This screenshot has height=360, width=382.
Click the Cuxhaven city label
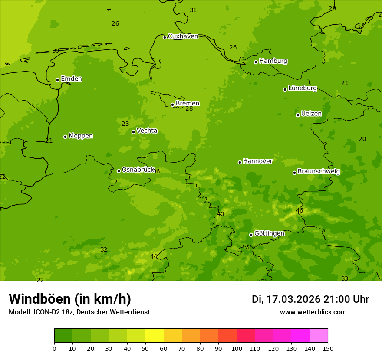pyautogui.click(x=183, y=36)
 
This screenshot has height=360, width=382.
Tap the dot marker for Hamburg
pyautogui.click(x=256, y=62)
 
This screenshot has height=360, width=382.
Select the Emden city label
pyautogui.click(x=71, y=79)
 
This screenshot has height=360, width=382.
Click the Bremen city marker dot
pyautogui.click(x=172, y=105)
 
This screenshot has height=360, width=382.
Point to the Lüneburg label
pyautogui.click(x=302, y=88)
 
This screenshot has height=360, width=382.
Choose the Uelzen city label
pyautogui.click(x=311, y=114)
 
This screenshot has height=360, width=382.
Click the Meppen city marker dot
pyautogui.click(x=66, y=137)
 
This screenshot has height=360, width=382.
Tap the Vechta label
pyautogui.click(x=147, y=131)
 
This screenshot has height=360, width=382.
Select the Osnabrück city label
pyautogui.click(x=138, y=170)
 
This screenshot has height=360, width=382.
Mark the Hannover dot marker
pyautogui.click(x=240, y=162)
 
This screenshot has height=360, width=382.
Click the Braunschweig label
pyautogui.click(x=319, y=172)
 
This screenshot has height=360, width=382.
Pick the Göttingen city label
pyautogui.click(x=269, y=234)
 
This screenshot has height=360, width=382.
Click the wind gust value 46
pyautogui.click(x=300, y=211)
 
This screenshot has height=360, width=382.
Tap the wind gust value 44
pyautogui.click(x=154, y=256)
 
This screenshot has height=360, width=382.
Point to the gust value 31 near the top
pyautogui.click(x=193, y=10)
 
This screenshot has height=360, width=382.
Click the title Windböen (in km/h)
pyautogui.click(x=70, y=299)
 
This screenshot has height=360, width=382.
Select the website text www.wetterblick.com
pyautogui.click(x=313, y=312)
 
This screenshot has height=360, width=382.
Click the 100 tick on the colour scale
pyautogui.click(x=237, y=348)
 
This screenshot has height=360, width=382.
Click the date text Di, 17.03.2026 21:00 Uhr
pyautogui.click(x=310, y=299)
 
